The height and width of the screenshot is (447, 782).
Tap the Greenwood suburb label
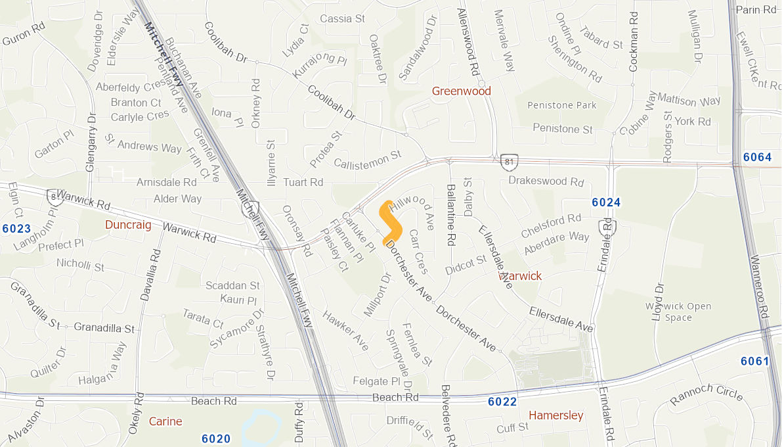[x=461, y=91]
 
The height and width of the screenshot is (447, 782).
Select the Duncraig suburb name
[x=128, y=225]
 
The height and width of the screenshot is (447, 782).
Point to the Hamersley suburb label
[x=555, y=415]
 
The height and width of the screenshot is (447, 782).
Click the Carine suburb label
[x=165, y=421]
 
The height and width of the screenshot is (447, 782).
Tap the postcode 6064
[x=757, y=157]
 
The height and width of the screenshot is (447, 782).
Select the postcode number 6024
[x=605, y=202]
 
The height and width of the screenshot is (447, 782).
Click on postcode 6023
[x=16, y=229]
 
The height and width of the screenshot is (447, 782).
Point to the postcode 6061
[x=754, y=361]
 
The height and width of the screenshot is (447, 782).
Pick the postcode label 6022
[x=502, y=402]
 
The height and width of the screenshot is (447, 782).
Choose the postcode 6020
[x=216, y=438]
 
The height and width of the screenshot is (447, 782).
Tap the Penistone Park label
[x=564, y=105]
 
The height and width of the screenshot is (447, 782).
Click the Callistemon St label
[x=367, y=158]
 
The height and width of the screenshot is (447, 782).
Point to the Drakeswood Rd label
[x=546, y=181]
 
